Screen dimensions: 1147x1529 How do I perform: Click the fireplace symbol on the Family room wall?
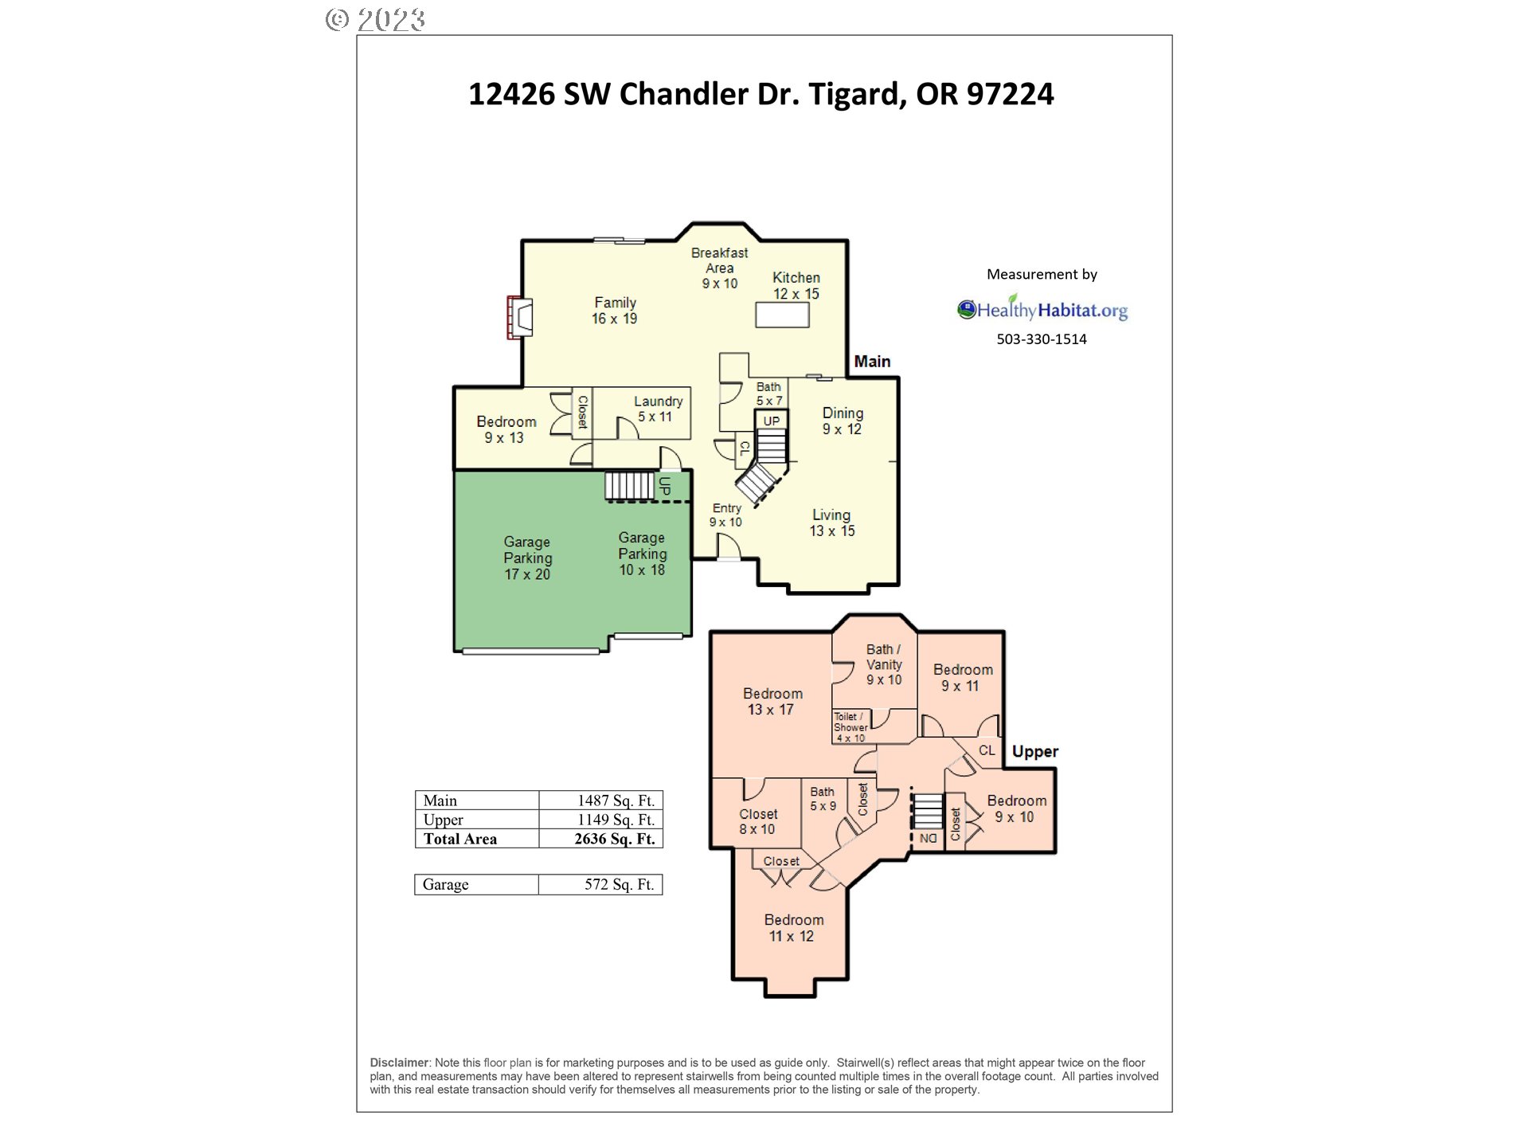coord(520,317)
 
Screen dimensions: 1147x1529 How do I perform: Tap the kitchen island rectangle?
coord(782,315)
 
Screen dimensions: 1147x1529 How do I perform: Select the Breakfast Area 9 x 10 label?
coord(719,268)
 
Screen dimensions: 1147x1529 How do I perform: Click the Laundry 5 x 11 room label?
coord(657,409)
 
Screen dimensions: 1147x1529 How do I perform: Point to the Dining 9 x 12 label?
coord(843,421)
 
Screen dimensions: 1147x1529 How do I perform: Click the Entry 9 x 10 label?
coord(726,515)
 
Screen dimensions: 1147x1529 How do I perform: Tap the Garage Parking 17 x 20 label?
coord(527,558)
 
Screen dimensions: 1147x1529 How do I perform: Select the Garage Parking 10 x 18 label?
coord(642,554)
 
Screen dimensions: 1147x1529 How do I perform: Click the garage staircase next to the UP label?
coord(628,485)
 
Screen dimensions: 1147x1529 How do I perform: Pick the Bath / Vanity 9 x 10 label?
coord(884,664)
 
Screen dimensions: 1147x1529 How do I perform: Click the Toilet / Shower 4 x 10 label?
coord(851,727)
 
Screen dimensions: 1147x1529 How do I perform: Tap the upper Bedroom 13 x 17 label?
coord(772,701)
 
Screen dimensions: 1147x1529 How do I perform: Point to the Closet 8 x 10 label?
coord(757,821)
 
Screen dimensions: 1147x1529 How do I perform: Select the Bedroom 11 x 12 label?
coord(793,928)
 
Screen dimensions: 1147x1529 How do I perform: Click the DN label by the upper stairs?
coord(928,839)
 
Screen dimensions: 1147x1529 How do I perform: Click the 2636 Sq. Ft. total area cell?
coord(614,839)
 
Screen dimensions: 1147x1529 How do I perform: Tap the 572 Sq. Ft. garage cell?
coord(619,884)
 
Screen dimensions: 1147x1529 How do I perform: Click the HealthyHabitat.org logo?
coord(1042,310)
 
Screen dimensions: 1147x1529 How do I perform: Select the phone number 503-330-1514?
coord(1042,339)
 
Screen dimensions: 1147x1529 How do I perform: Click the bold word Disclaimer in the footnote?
coord(399,1063)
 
